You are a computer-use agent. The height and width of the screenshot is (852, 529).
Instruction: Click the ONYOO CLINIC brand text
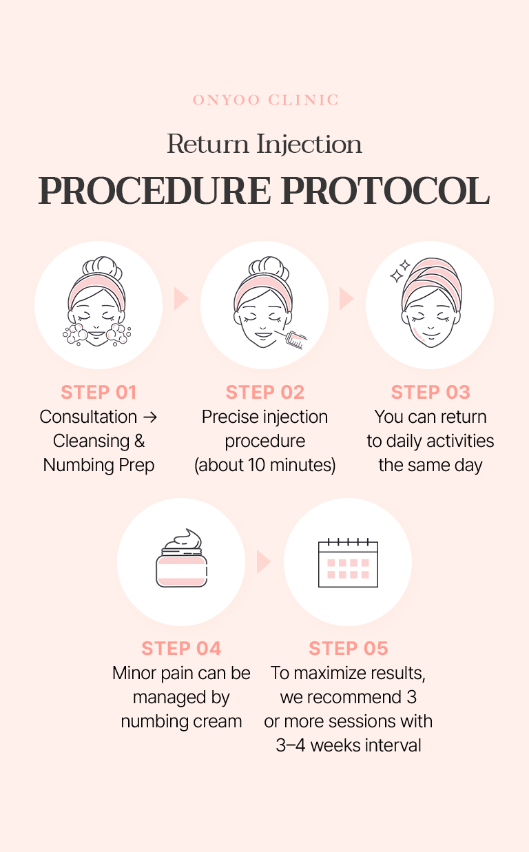(265, 101)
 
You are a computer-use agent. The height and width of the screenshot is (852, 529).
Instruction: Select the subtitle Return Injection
(264, 145)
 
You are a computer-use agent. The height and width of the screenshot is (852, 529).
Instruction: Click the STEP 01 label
(98, 393)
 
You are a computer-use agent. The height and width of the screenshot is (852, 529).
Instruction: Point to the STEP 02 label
(265, 393)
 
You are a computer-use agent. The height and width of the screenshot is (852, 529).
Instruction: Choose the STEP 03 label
(431, 393)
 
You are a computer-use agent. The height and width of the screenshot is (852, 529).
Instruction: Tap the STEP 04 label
(181, 649)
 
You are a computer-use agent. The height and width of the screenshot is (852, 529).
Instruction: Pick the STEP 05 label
(349, 649)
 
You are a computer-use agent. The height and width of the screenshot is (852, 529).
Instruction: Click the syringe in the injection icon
(294, 337)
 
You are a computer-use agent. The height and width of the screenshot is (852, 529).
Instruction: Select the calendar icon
(348, 563)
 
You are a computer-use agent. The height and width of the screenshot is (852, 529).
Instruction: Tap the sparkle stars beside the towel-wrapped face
(400, 271)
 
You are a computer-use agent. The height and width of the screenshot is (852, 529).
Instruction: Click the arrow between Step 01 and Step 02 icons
(180, 299)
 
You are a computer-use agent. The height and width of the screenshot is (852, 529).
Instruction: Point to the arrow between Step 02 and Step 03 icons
(346, 299)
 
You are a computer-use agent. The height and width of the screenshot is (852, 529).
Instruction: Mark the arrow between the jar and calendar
(263, 561)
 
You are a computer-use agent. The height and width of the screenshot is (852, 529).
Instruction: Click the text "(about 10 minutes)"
(265, 466)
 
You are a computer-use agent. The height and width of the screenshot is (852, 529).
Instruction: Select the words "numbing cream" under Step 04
(181, 722)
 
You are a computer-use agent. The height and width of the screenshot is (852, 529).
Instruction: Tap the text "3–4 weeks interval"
(349, 746)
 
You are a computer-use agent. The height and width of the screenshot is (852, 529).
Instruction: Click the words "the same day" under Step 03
(431, 466)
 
